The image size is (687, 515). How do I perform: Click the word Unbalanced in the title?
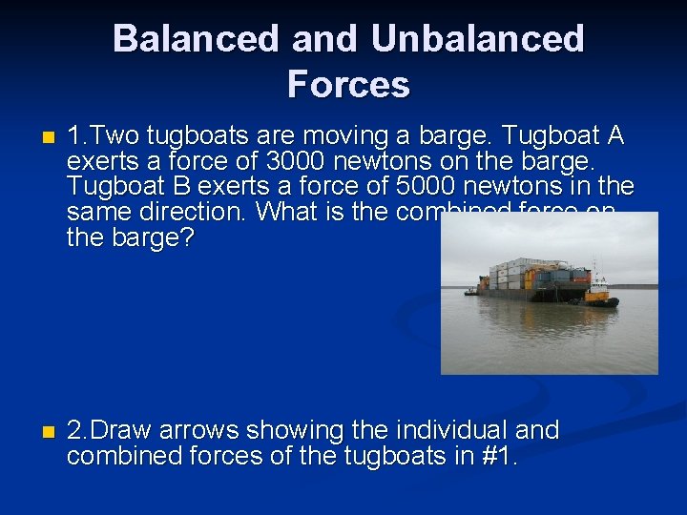(477, 39)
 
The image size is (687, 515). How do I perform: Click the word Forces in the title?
(348, 85)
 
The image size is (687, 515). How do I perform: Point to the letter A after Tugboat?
(614, 136)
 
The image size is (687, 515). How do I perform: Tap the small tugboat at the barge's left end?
(470, 291)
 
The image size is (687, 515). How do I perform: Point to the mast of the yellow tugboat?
(594, 267)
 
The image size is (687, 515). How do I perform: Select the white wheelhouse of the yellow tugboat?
(598, 284)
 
